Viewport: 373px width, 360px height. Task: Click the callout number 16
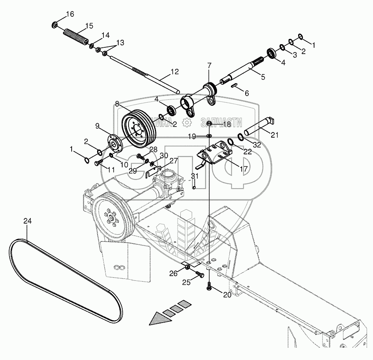point(70,14)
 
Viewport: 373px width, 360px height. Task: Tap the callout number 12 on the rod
point(164,72)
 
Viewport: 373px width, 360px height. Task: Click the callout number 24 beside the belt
point(27,221)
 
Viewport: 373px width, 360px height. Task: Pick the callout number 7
point(209,65)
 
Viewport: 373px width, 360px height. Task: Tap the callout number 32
point(256,145)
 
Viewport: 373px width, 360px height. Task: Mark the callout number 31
point(194,176)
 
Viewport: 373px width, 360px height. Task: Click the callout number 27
point(173,161)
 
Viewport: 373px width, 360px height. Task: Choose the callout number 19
point(192,136)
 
